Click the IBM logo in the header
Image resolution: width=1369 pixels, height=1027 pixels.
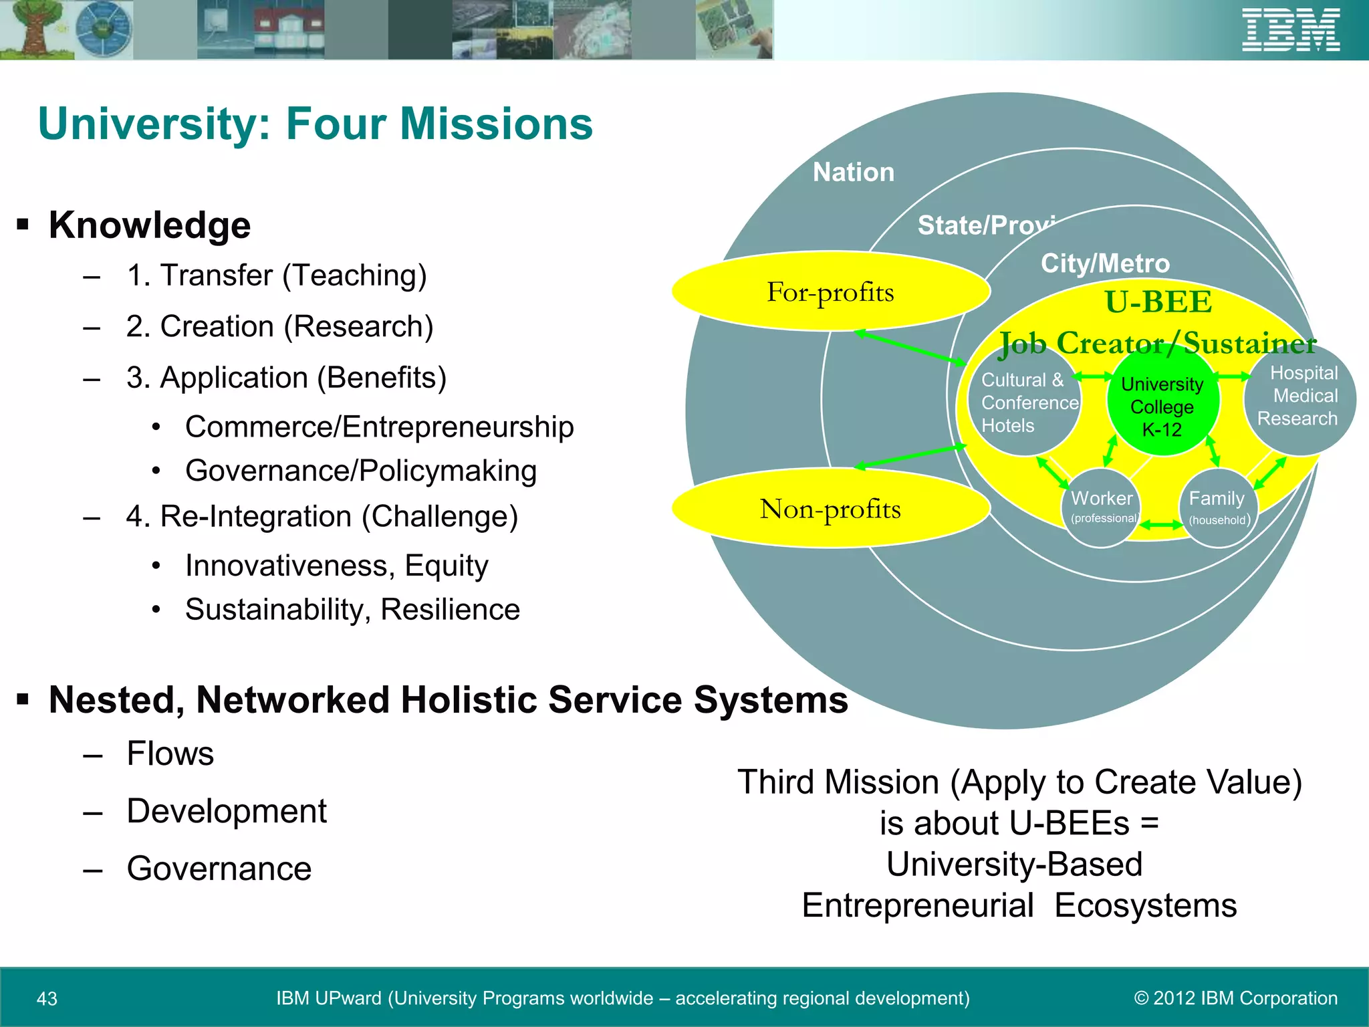click(x=1291, y=30)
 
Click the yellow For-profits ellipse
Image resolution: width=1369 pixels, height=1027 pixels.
click(x=830, y=292)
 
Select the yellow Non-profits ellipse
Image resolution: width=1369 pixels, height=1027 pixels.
click(x=830, y=509)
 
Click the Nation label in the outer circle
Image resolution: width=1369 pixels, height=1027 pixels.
click(x=854, y=173)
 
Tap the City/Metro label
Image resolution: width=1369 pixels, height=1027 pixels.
click(x=1105, y=263)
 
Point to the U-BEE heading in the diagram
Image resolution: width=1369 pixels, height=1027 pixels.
click(x=1158, y=302)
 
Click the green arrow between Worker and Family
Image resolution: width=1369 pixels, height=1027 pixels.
click(x=1161, y=526)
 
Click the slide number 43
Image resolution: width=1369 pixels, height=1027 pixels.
click(x=47, y=998)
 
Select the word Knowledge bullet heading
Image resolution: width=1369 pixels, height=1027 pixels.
click(x=149, y=225)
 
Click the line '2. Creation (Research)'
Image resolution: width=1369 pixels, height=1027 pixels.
click(x=279, y=327)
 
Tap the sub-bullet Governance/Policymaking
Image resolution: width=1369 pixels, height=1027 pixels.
click(x=361, y=471)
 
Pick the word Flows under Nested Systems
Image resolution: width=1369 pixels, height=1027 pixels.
click(x=170, y=754)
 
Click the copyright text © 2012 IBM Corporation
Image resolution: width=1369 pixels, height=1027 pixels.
click(x=1236, y=998)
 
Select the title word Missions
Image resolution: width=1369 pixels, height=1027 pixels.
click(x=496, y=124)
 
